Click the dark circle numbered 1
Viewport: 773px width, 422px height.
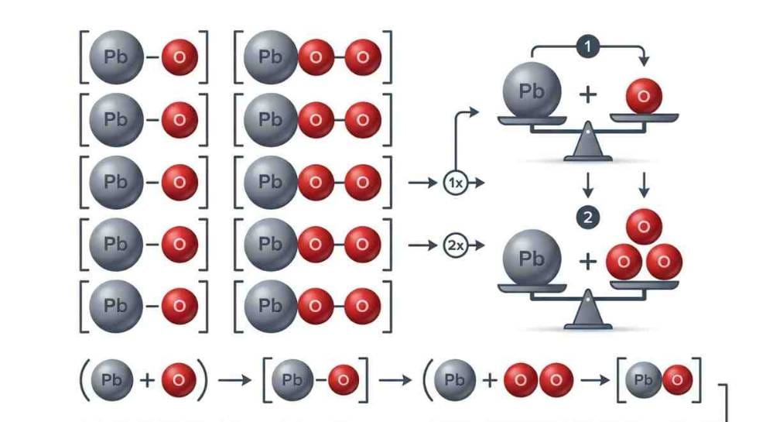(x=588, y=46)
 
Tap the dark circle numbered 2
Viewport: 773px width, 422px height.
(x=588, y=218)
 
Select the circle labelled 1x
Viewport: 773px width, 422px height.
(x=455, y=184)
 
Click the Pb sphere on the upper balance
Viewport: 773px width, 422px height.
(x=532, y=91)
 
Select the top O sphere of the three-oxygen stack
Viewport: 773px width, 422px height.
(x=644, y=227)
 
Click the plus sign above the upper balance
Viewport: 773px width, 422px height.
(x=588, y=95)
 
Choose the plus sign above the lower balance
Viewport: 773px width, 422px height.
(x=588, y=262)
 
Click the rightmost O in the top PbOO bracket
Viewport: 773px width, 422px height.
(x=362, y=57)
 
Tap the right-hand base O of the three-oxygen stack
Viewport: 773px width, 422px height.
(x=663, y=262)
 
